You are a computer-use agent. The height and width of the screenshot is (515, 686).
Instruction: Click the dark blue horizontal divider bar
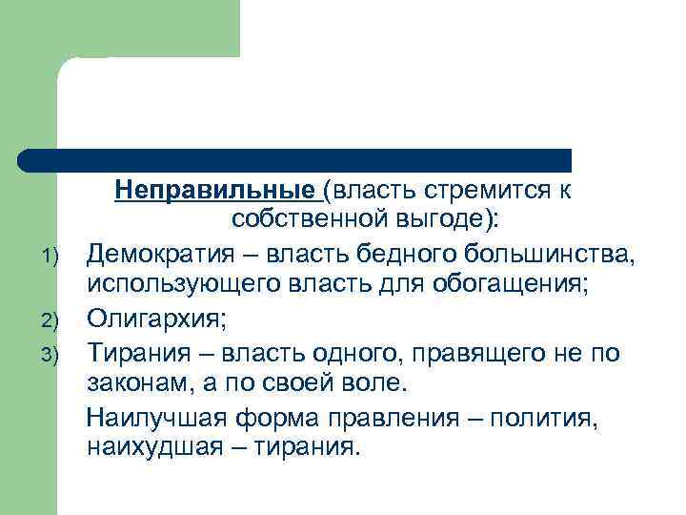click(295, 159)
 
